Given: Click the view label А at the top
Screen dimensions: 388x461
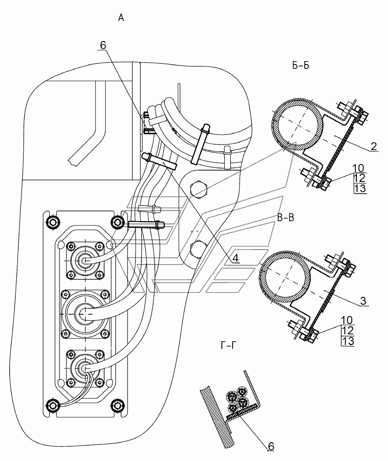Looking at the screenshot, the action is click(121, 18).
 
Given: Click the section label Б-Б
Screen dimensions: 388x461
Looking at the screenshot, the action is click(301, 66).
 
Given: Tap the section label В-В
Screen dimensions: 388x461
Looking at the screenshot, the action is click(286, 218).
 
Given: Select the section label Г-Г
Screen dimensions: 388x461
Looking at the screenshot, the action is click(228, 345).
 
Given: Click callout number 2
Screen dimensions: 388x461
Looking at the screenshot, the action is click(373, 146).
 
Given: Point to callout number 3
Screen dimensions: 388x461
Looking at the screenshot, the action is click(363, 301).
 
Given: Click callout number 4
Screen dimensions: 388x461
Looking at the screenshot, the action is click(235, 258).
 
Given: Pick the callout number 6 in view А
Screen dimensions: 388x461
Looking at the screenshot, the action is click(103, 45).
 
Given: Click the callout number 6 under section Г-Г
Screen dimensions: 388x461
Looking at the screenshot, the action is click(271, 446).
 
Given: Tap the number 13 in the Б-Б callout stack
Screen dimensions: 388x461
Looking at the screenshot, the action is click(360, 188).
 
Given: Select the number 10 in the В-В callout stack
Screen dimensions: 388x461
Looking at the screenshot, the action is click(348, 320).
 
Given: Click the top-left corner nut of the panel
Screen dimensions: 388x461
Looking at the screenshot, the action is click(53, 222).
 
